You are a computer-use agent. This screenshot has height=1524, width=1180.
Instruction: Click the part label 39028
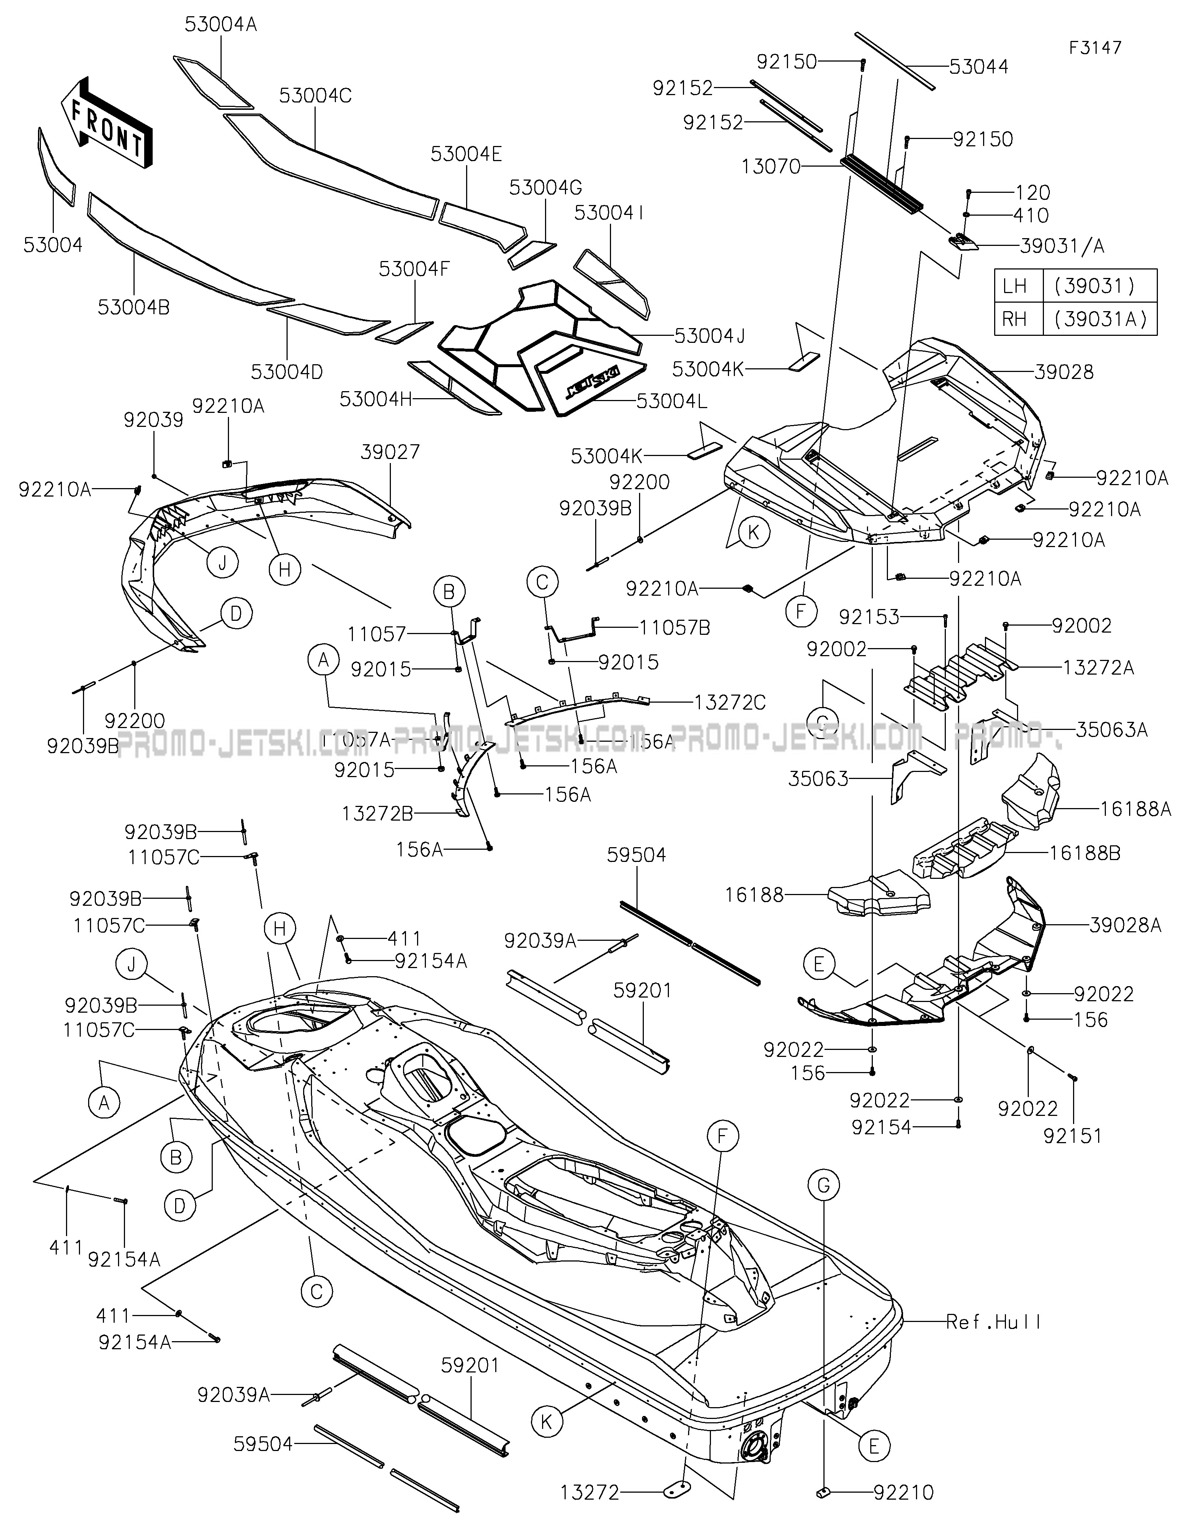(x=1063, y=372)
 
